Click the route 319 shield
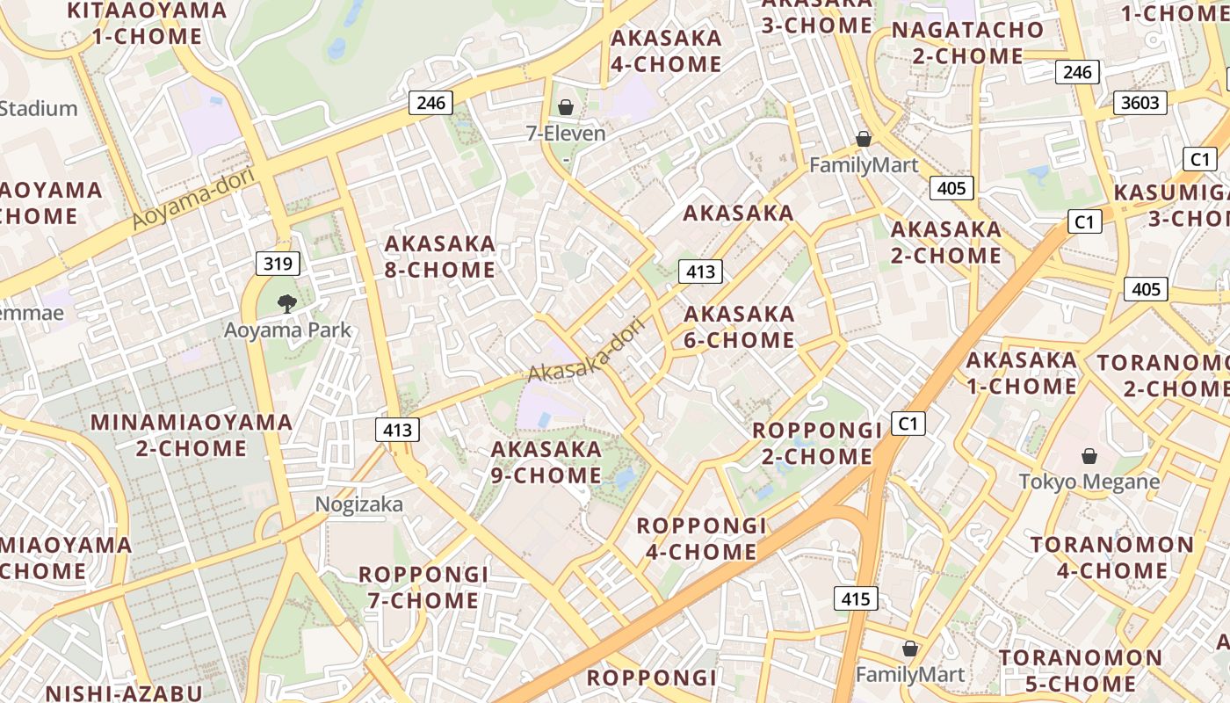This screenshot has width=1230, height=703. coord(279,263)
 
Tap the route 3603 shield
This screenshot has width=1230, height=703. coord(1140,103)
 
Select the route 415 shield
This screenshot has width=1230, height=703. coord(855,599)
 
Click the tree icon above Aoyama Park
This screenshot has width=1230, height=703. coord(286,304)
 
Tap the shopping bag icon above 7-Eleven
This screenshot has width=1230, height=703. coord(566,107)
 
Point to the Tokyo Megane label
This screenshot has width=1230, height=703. coord(1089,482)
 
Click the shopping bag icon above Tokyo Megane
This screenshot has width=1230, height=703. coord(1089,455)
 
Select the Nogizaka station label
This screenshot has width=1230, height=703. coord(359,504)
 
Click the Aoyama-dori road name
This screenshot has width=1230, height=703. coord(194,199)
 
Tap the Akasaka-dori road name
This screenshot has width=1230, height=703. coord(586,350)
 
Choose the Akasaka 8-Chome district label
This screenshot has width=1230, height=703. coord(440,257)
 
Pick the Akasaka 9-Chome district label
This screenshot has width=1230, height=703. coord(546,462)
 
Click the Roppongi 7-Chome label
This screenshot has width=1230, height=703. coord(423,587)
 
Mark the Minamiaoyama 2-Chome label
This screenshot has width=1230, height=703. coord(192,435)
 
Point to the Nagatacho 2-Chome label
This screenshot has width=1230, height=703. coord(967,43)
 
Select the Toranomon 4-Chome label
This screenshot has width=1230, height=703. coord(1112,557)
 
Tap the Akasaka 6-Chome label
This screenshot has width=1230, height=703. coord(739,327)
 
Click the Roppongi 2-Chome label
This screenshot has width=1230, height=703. coord(817,443)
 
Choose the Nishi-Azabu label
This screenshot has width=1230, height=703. coord(124,692)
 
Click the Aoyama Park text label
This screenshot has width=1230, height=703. coord(287,330)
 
